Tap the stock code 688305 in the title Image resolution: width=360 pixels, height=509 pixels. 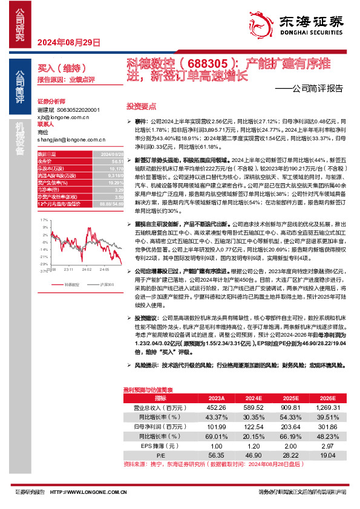[x=206, y=62]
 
